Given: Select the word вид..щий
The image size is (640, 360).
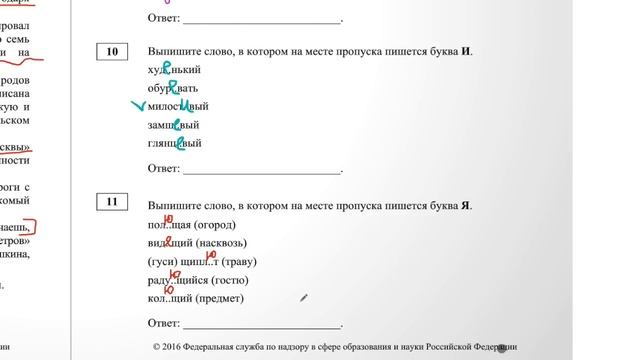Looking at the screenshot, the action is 169,243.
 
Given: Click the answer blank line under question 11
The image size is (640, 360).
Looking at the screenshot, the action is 262,324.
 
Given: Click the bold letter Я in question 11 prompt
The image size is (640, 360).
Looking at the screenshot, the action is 468,206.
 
